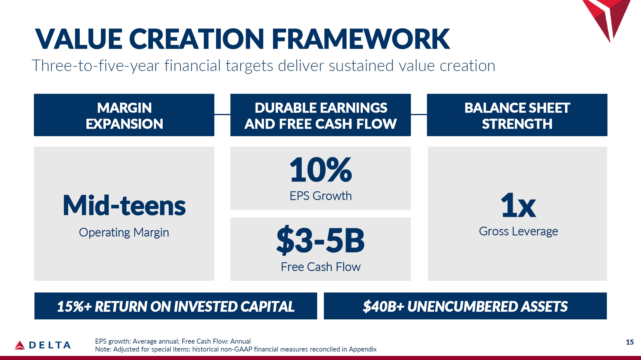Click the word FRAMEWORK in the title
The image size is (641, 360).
click(x=361, y=39)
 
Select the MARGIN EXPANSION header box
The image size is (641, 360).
click(x=124, y=115)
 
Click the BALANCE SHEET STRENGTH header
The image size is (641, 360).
click(x=517, y=115)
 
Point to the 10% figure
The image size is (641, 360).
click(x=321, y=169)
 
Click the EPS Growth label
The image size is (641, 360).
click(x=321, y=196)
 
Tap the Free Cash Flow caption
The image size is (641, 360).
click(x=321, y=267)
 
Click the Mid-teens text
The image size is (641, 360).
click(x=124, y=205)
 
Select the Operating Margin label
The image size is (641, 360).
click(x=124, y=233)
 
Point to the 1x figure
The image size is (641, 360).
click(x=518, y=205)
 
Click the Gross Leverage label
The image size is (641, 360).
click(x=518, y=231)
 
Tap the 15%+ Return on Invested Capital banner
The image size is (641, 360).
click(x=176, y=306)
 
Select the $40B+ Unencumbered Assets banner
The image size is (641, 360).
click(x=465, y=306)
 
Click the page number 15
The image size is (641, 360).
click(x=630, y=342)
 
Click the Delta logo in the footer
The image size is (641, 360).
click(x=43, y=345)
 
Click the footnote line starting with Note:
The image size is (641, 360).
click(x=236, y=349)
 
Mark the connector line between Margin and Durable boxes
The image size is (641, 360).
click(x=222, y=115)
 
